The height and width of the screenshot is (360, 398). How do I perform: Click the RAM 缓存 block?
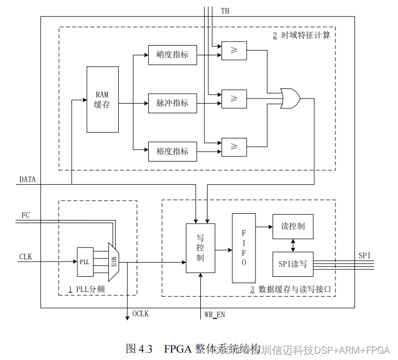point(103,99)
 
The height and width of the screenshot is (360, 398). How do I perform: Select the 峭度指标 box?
point(172,55)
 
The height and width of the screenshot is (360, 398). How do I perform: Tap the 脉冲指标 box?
point(172,103)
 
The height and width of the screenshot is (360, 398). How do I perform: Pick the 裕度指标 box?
point(172,151)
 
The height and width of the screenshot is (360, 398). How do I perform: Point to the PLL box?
point(85,262)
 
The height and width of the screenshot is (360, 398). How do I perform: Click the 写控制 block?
point(200,248)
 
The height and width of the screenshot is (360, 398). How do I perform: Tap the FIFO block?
point(244,247)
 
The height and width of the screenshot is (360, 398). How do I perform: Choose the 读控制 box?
point(293,226)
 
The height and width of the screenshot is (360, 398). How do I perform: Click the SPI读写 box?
point(293,264)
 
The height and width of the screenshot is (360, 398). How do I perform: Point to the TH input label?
point(226,11)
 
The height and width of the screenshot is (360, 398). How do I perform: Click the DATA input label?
point(27,179)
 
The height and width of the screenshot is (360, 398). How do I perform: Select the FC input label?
point(26,215)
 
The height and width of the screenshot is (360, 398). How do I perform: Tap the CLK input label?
point(26,257)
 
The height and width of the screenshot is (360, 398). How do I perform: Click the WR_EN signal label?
point(215,315)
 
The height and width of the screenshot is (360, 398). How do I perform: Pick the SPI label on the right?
point(364,255)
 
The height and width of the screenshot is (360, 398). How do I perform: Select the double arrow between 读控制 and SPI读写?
point(293,245)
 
